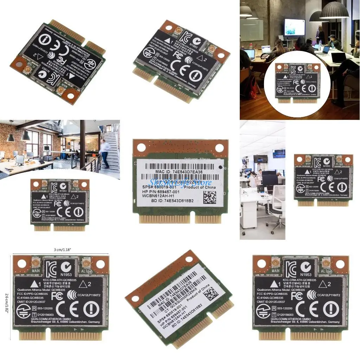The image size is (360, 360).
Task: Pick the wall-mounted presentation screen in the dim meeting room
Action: (294, 27)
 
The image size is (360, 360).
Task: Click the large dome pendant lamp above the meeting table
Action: (334, 11)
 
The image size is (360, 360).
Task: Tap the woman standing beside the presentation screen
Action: (320, 35)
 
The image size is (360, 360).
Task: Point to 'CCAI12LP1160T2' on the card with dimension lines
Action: (92, 296)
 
